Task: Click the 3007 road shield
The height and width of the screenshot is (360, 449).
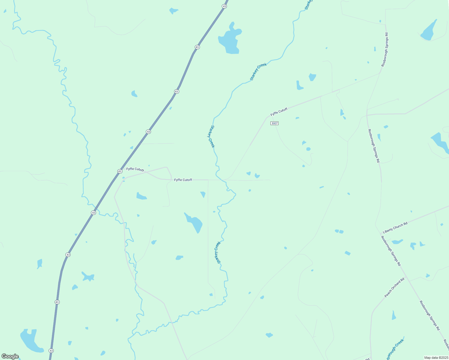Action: [274, 123]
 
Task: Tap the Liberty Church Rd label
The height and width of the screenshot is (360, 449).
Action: [395, 228]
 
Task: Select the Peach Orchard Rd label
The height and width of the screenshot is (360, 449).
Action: [394, 287]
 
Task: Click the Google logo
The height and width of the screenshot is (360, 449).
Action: [10, 356]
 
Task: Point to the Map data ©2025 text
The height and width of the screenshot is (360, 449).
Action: [436, 358]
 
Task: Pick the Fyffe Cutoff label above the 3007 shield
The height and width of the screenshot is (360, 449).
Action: [279, 112]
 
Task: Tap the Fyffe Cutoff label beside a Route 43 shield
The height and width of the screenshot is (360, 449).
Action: [135, 169]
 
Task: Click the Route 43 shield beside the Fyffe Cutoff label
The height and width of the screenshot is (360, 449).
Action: [120, 171]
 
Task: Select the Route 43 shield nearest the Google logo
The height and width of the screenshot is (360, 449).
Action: [51, 350]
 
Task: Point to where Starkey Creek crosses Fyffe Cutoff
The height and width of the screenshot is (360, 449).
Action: [222, 180]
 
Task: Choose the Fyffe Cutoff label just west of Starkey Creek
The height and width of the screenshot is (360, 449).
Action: [183, 180]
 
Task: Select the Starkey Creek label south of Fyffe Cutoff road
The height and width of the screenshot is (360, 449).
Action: [218, 252]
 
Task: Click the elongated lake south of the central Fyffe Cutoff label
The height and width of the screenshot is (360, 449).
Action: [194, 222]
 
